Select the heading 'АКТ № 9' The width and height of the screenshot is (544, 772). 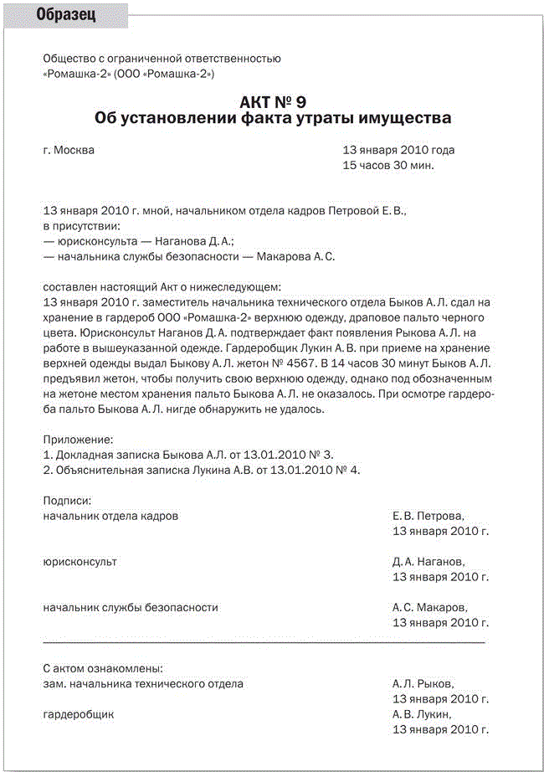[272, 102]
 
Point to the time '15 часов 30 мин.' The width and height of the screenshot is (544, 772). [388, 165]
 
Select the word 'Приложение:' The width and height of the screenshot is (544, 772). [77, 439]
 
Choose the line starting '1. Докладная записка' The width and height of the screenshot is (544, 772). [187, 454]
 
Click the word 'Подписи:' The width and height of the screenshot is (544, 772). [67, 500]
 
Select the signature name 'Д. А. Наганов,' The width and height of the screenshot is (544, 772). [428, 562]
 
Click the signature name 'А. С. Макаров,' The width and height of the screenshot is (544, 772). [429, 607]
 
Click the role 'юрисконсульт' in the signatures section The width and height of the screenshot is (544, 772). [80, 562]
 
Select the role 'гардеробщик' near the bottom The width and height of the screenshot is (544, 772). [78, 714]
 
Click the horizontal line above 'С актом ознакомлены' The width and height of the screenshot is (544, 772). [264, 642]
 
